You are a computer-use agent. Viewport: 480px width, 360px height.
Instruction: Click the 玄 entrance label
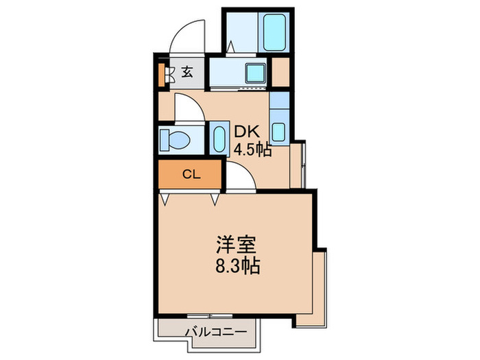click(187, 71)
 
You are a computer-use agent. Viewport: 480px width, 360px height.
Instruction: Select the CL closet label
click(190, 174)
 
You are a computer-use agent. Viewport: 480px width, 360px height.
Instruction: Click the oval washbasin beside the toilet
click(219, 139)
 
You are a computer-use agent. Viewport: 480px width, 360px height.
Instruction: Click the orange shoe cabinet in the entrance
click(163, 73)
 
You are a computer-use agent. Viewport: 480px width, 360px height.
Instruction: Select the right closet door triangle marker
click(215, 199)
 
